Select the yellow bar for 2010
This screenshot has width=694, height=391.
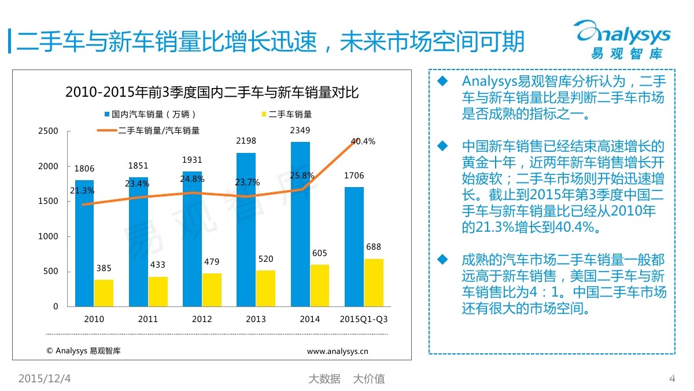(x=104, y=293)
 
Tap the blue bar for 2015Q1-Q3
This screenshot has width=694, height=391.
(x=354, y=247)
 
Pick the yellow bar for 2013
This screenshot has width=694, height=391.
(x=265, y=288)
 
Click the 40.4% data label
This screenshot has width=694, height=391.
(x=364, y=141)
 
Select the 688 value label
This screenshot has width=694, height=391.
(x=374, y=247)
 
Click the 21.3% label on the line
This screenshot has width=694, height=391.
(x=82, y=191)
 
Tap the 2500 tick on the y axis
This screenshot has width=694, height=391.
(x=49, y=131)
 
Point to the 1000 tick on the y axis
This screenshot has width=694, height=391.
(x=49, y=237)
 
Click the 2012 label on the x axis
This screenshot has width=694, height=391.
(x=201, y=319)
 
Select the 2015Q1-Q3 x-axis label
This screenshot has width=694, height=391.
(x=363, y=319)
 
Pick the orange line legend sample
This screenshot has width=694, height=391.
(x=106, y=131)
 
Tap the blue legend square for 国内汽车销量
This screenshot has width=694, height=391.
(x=108, y=115)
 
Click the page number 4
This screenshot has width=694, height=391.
(x=672, y=379)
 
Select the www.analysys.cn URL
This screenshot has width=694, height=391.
(x=338, y=350)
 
